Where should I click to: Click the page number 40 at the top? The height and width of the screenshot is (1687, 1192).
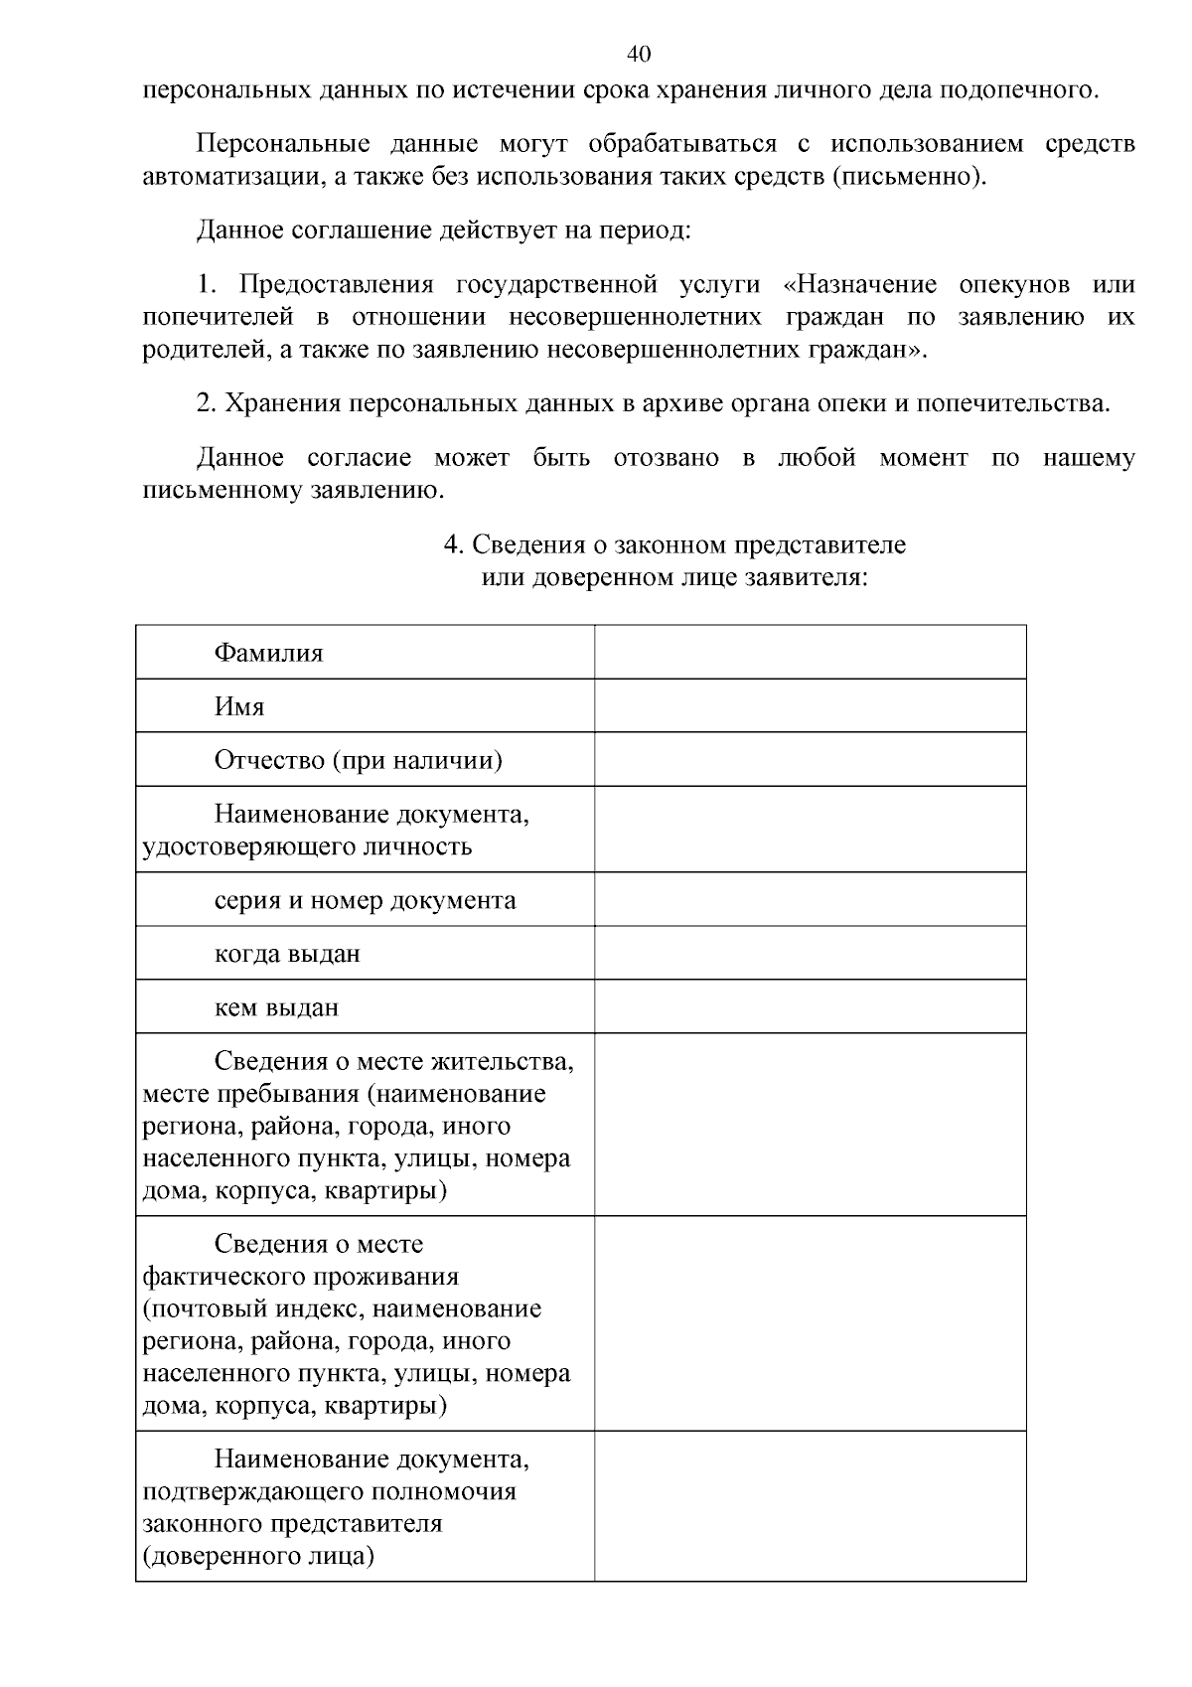[x=639, y=53]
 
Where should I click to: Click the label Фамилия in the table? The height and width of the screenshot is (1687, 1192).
[x=268, y=653]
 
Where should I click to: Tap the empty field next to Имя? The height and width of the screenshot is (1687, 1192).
[x=810, y=705]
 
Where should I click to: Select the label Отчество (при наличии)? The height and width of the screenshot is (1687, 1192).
[x=358, y=760]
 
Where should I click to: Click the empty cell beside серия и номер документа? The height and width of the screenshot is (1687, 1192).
[x=810, y=899]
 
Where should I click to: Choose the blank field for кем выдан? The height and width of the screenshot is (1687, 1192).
[x=810, y=1006]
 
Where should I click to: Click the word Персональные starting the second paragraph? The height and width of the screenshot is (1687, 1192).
[x=282, y=144]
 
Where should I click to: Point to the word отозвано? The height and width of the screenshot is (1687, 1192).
[x=666, y=458]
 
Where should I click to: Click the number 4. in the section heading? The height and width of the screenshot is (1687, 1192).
[x=453, y=545]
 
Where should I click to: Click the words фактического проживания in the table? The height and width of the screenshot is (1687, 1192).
[x=300, y=1277]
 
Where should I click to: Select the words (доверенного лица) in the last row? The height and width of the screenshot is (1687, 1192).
[x=258, y=1556]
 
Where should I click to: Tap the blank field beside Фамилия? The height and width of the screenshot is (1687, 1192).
[x=810, y=652]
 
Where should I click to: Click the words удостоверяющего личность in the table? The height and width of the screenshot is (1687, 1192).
[x=307, y=846]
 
